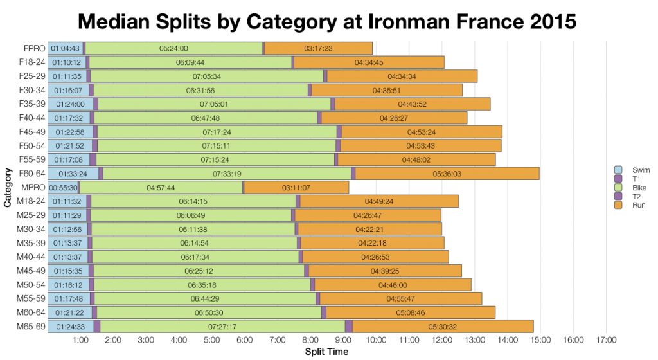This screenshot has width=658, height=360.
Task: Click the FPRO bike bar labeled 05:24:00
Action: click(173, 48)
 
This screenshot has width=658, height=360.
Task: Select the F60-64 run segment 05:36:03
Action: click(447, 174)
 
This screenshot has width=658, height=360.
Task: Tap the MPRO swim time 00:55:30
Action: click(64, 188)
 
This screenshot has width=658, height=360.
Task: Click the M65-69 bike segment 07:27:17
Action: click(223, 327)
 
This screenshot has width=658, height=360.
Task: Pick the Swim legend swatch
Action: click(619, 170)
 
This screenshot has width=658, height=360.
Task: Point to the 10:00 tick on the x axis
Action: click(376, 341)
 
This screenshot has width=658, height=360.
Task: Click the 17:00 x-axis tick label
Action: click(606, 341)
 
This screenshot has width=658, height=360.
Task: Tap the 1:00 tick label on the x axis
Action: click(80, 341)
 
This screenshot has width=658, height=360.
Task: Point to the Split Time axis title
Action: click(327, 352)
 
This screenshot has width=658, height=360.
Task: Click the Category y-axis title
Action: click(8, 188)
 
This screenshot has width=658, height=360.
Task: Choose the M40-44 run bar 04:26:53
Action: click(375, 257)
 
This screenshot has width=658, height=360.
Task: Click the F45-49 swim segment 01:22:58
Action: click(71, 132)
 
